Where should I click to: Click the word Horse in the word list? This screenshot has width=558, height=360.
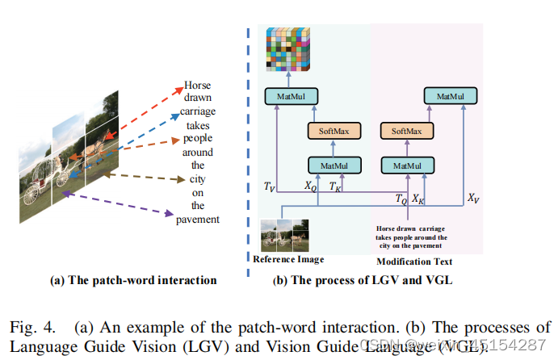click(x=198, y=83)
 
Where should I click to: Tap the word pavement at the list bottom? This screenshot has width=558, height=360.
click(x=198, y=220)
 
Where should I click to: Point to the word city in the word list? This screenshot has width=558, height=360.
click(x=198, y=179)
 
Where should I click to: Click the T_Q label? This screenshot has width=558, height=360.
click(x=401, y=197)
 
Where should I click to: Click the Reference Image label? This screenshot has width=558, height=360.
click(x=288, y=260)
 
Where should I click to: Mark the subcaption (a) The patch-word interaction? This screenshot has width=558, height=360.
click(x=133, y=280)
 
